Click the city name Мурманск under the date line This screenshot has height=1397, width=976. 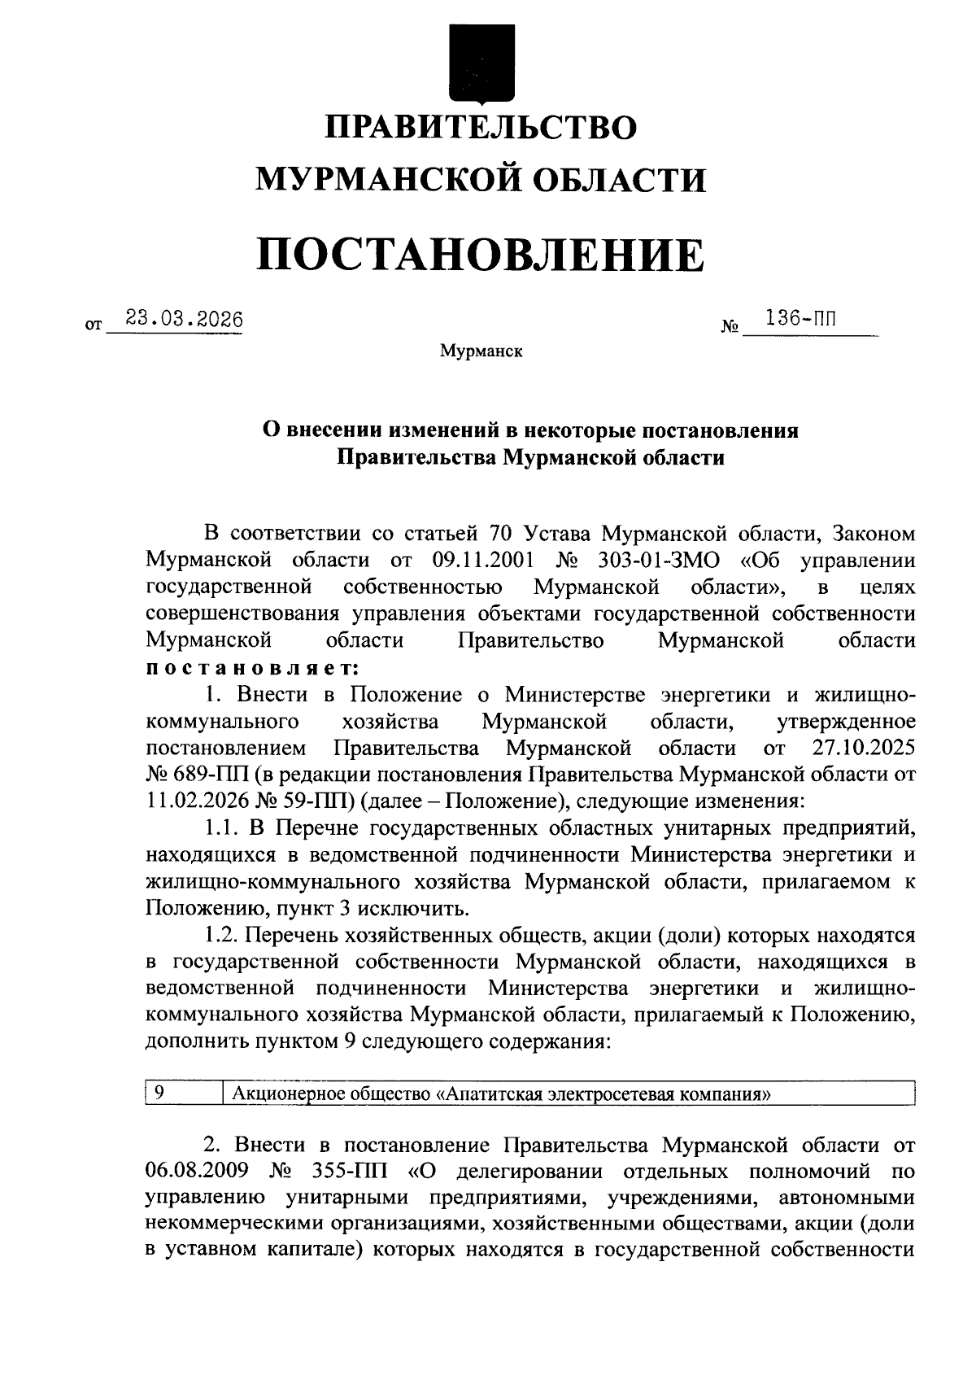481,351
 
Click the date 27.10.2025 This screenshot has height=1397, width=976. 864,748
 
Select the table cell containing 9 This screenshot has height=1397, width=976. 183,1093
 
